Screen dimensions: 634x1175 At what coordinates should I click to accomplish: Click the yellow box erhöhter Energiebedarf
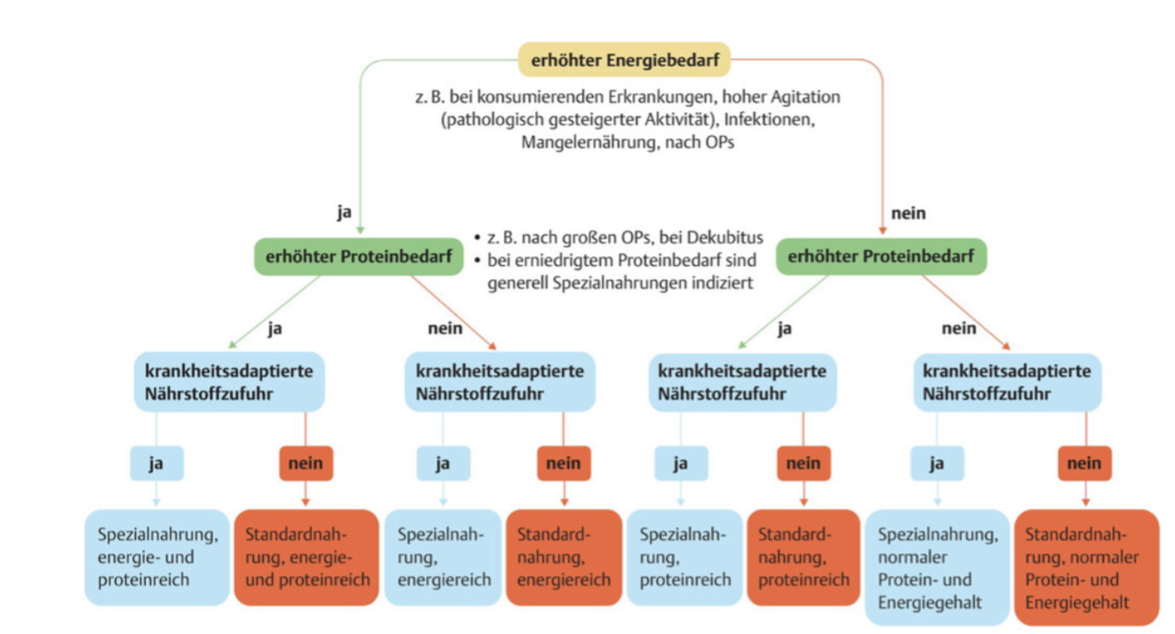624,59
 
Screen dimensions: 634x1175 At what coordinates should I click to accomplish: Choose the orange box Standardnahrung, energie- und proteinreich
306,557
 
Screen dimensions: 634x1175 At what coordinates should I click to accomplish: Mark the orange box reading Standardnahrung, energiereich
564,557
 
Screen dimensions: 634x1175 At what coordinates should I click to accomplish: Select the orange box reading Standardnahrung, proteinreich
803,557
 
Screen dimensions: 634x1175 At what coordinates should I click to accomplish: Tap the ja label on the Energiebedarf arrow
344,213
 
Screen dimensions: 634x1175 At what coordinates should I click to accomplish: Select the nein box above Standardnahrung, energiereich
564,463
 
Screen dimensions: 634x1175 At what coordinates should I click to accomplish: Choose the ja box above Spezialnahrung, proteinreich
681,463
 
